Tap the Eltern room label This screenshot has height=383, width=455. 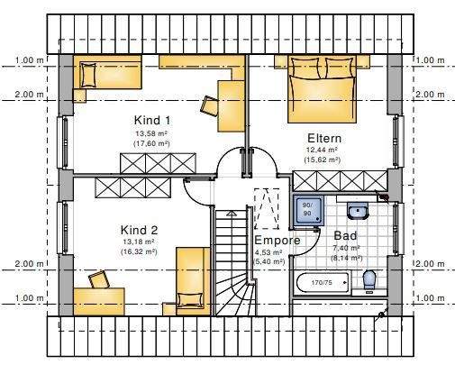[x=323, y=138]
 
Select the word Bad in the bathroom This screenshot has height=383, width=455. [x=345, y=235]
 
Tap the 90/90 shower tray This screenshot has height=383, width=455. [x=307, y=210]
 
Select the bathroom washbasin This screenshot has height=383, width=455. [x=358, y=213]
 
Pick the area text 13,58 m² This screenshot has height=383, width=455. [x=152, y=132]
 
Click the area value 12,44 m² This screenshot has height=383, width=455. [x=323, y=150]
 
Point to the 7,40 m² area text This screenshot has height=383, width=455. [x=346, y=248]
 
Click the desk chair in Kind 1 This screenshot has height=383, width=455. [x=209, y=105]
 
